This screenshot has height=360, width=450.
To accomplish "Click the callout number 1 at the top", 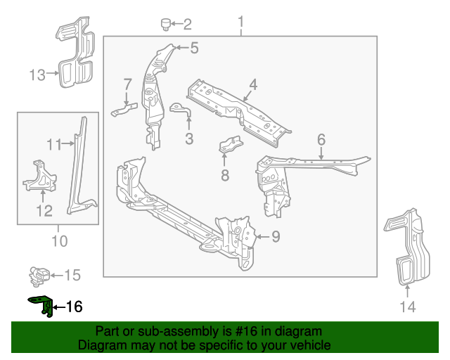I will point(240,24).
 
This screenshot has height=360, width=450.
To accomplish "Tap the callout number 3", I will point(189,139).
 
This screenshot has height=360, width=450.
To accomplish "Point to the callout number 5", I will point(194,48).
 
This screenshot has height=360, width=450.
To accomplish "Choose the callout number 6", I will point(321,139).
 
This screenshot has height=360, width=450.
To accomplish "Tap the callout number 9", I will point(276,237).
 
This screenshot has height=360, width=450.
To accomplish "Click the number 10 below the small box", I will point(59,242).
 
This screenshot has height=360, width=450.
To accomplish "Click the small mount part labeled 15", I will point(41,274).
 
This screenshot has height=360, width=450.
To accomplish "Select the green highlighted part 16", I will point(41,305).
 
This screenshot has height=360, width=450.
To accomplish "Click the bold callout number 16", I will point(74,307).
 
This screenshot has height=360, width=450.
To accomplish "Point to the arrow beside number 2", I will point(177,25).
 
